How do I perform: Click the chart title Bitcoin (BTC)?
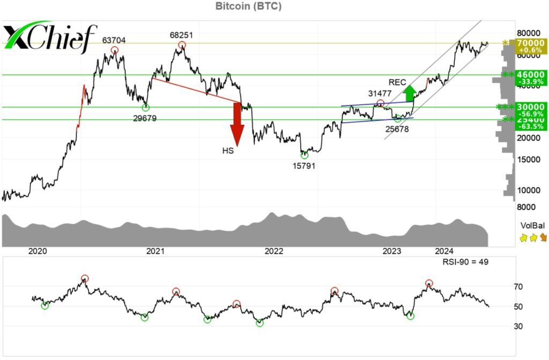(x=248, y=6)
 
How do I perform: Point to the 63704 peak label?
(x=114, y=40)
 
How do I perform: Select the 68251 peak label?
(x=181, y=35)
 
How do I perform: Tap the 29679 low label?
(x=145, y=118)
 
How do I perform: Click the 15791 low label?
(x=303, y=165)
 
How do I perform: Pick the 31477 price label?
(x=380, y=93)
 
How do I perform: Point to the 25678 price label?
(x=397, y=128)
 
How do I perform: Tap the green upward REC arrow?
(x=410, y=93)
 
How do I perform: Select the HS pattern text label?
(x=228, y=151)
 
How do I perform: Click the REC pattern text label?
(x=397, y=82)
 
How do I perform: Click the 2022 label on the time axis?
(x=274, y=251)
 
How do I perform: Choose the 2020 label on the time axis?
(x=38, y=251)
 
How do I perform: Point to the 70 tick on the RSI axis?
(x=517, y=287)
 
